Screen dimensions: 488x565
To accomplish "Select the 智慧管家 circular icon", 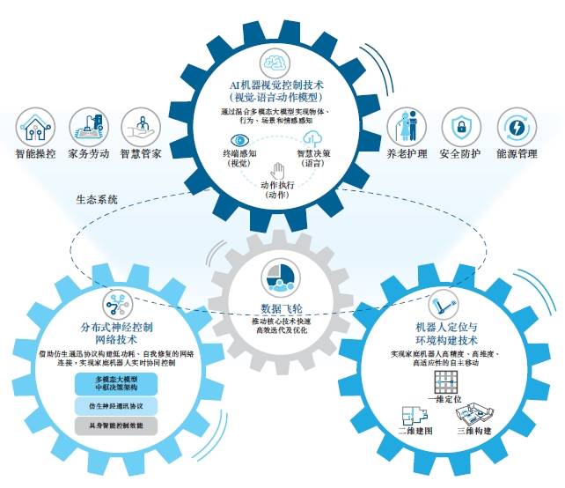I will [139, 128].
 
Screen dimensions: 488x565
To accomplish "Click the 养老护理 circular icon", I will [407, 128].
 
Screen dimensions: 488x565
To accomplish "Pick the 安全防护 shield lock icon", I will [459, 128].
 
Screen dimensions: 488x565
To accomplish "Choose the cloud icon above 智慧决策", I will [315, 139].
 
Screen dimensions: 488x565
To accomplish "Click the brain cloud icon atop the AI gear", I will [276, 63].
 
